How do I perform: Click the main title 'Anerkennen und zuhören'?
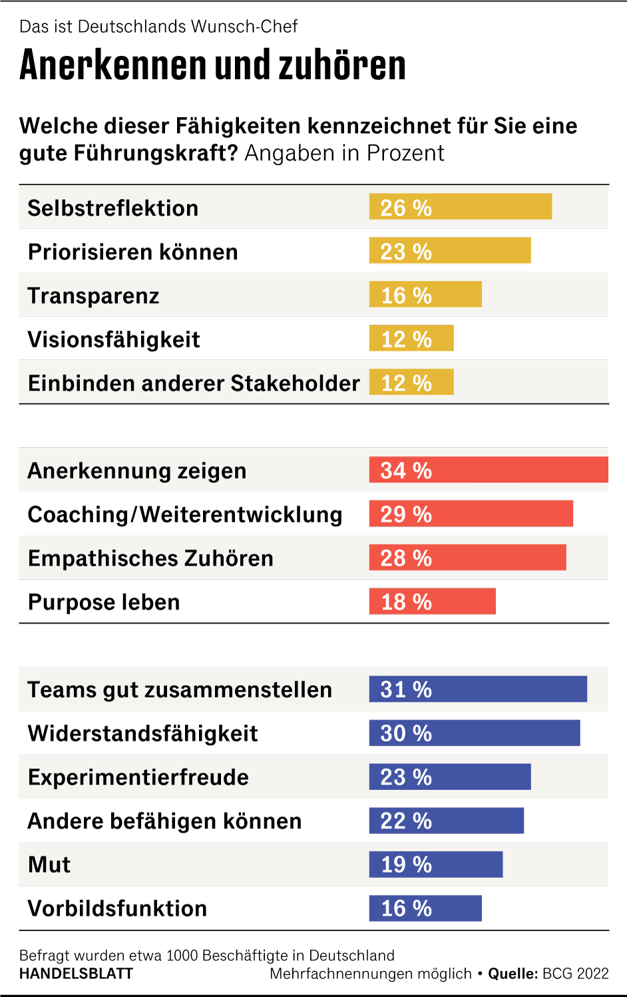tap(212, 65)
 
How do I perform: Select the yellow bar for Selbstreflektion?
tap(460, 207)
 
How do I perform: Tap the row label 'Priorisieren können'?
tap(132, 252)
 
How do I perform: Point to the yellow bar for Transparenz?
tap(425, 295)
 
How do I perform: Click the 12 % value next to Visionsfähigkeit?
tap(406, 339)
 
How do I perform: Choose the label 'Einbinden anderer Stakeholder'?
tap(194, 383)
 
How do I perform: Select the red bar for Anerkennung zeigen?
tap(489, 470)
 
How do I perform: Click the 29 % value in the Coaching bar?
tap(406, 514)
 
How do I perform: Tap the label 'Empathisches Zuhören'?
tap(150, 558)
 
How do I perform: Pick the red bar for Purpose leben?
tap(432, 602)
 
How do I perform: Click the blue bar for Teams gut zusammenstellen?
tap(478, 690)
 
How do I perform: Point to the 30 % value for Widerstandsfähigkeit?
tap(406, 733)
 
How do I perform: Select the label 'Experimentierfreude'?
tap(138, 777)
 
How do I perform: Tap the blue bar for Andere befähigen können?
tap(446, 821)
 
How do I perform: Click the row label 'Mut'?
tap(49, 865)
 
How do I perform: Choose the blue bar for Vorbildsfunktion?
tap(425, 908)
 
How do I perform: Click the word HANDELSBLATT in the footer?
tap(76, 974)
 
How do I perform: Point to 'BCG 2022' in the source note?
tap(575, 974)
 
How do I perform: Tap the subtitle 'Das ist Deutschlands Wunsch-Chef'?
tap(158, 27)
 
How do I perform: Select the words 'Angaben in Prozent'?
tap(344, 153)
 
